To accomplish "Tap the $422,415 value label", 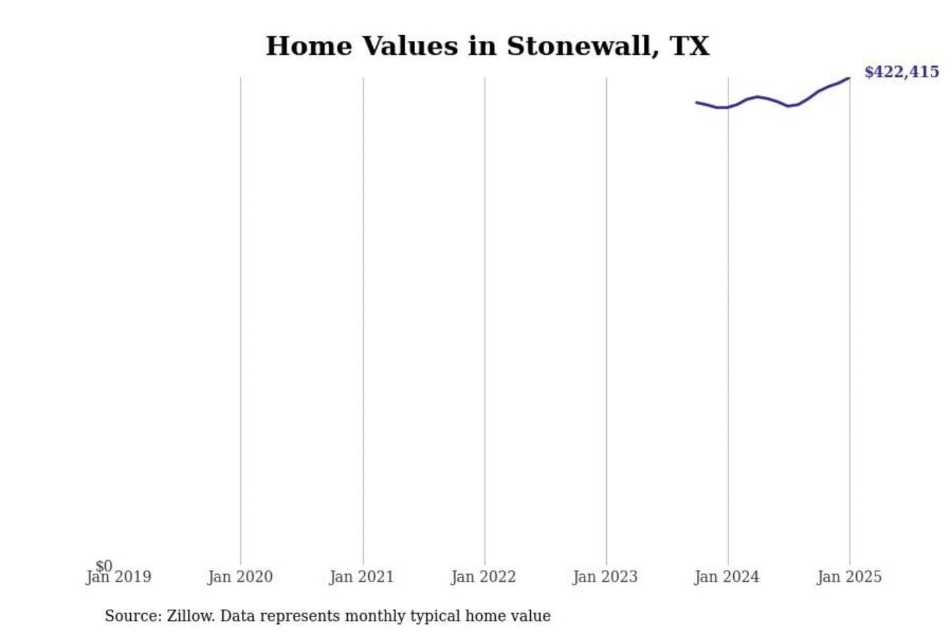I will [x=901, y=72].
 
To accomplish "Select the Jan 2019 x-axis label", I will [x=120, y=577].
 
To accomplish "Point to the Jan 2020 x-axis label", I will [x=240, y=577].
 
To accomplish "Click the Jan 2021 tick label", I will [x=362, y=577].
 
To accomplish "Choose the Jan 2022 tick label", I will [x=483, y=577].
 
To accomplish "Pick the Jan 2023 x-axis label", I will [x=605, y=577].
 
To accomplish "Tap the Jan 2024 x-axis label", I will [x=727, y=577].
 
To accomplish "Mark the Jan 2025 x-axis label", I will [x=849, y=577].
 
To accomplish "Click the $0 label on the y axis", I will [x=104, y=566].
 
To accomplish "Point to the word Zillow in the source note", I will [x=190, y=616].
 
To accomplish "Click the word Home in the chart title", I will [x=309, y=47].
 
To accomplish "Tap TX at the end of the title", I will [x=690, y=47].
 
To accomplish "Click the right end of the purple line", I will [x=849, y=79].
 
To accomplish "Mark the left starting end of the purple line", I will [x=697, y=103].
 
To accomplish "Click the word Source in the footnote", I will [x=131, y=616].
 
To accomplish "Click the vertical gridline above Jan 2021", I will [x=363, y=317].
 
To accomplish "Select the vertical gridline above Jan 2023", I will [x=606, y=317].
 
